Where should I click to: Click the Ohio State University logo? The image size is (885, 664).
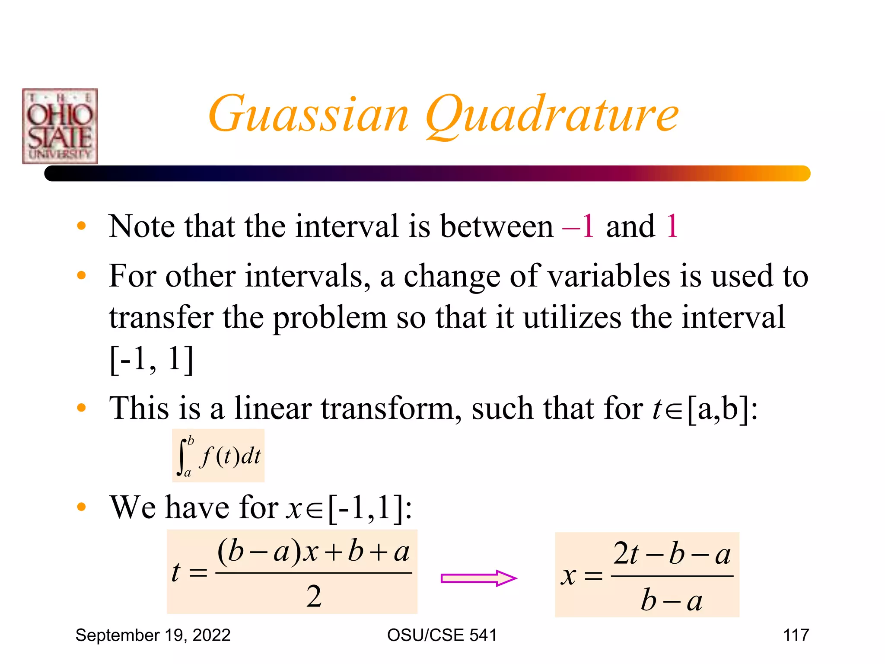click(60, 126)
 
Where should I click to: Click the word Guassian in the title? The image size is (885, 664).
click(308, 114)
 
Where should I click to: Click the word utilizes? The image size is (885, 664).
click(573, 317)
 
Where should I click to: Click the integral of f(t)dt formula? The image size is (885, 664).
click(218, 456)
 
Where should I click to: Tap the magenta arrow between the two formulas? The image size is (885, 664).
click(478, 578)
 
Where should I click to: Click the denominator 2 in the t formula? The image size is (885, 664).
click(314, 597)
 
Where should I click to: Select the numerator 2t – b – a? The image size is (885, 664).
click(672, 554)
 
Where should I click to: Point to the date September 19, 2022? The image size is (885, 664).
click(153, 635)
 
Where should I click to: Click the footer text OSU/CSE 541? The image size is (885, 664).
click(442, 635)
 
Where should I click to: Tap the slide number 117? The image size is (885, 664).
click(796, 635)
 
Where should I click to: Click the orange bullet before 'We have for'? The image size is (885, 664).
click(81, 507)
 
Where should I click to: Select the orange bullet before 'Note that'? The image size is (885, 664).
click(81, 226)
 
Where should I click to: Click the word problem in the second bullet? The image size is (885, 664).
click(330, 317)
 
